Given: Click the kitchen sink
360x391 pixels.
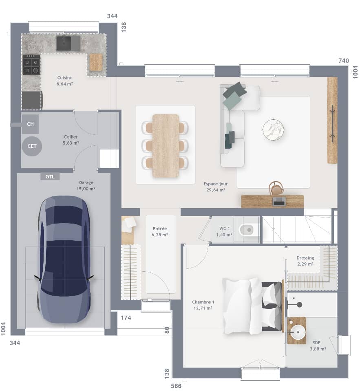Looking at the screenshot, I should coord(64,43).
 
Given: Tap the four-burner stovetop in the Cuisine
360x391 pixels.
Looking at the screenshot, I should coord(31,65).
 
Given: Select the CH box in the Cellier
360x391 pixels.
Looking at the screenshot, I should coord(30,124).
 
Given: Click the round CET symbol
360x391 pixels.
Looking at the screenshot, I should coord(32,146).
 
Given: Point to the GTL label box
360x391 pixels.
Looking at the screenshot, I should coord(50,176).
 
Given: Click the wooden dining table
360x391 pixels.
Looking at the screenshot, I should coord(166,145).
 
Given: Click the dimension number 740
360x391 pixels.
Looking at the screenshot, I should coord(344,61).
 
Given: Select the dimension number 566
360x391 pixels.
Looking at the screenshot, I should coord(176,385).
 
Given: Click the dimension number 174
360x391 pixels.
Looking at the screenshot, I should coord(126,318).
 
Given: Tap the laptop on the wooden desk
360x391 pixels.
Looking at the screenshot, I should coord(279,201).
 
